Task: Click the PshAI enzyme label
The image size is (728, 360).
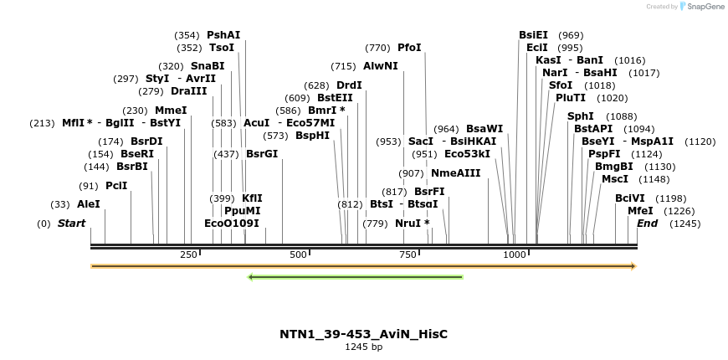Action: [x=223, y=35]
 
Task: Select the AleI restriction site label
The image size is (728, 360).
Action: [x=88, y=203]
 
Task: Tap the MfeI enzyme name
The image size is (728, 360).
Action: [x=640, y=211]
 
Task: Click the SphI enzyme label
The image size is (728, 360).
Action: [x=580, y=116]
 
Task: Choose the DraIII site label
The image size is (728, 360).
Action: [x=188, y=91]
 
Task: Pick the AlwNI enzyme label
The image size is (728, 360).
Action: [x=381, y=66]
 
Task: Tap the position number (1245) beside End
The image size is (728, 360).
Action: [x=685, y=224]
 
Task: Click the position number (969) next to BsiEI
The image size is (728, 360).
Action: [x=571, y=35]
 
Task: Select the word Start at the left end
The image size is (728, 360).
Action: [x=71, y=224]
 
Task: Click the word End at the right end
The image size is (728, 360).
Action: [x=647, y=224]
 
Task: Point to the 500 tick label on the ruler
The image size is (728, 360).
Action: [x=298, y=255]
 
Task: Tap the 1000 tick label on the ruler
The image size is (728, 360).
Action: [x=515, y=255]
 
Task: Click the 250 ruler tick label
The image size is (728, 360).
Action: [x=187, y=255]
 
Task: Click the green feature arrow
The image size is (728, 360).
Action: [x=356, y=276]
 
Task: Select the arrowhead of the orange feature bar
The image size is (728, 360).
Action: [x=633, y=266]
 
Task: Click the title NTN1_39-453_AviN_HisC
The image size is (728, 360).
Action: [x=363, y=334]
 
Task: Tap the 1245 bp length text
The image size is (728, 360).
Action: [x=363, y=347]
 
